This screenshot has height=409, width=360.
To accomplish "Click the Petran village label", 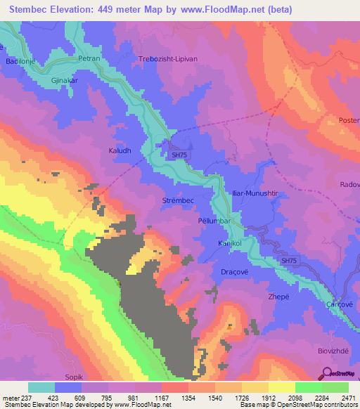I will point(90,59).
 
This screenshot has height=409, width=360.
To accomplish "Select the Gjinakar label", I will point(58,80).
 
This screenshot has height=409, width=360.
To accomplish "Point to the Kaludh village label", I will point(120,131).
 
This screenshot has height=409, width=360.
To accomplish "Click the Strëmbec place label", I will point(178,200).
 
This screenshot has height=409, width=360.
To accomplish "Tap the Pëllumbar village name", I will point(211,221).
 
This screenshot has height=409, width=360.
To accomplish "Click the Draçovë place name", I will point(229,271).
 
